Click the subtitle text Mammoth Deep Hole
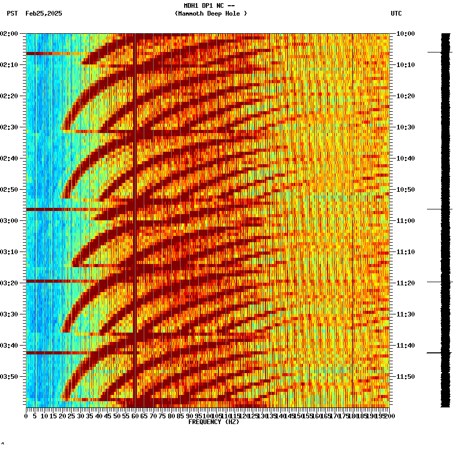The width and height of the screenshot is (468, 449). click(x=211, y=14)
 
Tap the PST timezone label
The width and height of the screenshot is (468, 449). click(x=12, y=14)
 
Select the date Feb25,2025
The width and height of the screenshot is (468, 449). click(x=44, y=14)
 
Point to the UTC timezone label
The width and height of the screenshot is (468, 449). click(x=396, y=14)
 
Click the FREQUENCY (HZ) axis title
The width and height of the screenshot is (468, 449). click(x=213, y=422)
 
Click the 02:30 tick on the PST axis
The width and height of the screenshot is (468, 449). click(x=11, y=127)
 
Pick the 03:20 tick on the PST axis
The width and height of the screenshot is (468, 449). click(x=11, y=283)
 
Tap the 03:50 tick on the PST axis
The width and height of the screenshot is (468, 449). click(x=11, y=376)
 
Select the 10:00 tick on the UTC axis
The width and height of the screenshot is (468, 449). click(x=405, y=33)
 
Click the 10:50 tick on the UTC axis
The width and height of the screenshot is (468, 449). click(x=405, y=189)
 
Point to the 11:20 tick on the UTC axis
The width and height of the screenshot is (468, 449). click(x=405, y=283)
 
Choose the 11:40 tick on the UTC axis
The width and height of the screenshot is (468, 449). click(x=405, y=345)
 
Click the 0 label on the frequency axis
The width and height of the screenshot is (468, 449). click(x=26, y=416)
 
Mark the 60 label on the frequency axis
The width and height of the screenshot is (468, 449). click(x=135, y=416)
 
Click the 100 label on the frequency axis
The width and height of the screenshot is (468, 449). click(x=208, y=416)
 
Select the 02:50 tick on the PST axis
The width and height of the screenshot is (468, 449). click(x=11, y=189)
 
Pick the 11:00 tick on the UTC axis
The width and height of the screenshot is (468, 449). click(x=405, y=220)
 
